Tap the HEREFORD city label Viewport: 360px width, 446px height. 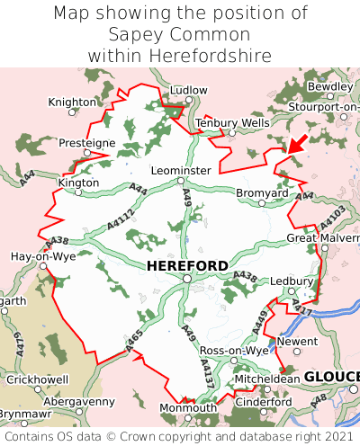coord(186,265)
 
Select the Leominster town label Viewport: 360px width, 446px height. coord(182,170)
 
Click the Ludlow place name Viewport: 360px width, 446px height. coord(188,91)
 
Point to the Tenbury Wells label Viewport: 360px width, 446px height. coord(232,122)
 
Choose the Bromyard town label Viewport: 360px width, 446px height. coord(262,193)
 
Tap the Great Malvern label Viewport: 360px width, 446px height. coord(322,238)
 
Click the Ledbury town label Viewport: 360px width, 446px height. coord(292,281)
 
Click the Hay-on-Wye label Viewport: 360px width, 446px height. coord(42,256)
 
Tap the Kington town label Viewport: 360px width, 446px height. coord(78,183)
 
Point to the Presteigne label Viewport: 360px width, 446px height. coord(86,143)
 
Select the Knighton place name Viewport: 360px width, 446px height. coord(72,103)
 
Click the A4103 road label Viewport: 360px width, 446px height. coord(331,219)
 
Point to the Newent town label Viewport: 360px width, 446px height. coord(298,342)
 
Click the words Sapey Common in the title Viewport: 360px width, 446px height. coord(179,35)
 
